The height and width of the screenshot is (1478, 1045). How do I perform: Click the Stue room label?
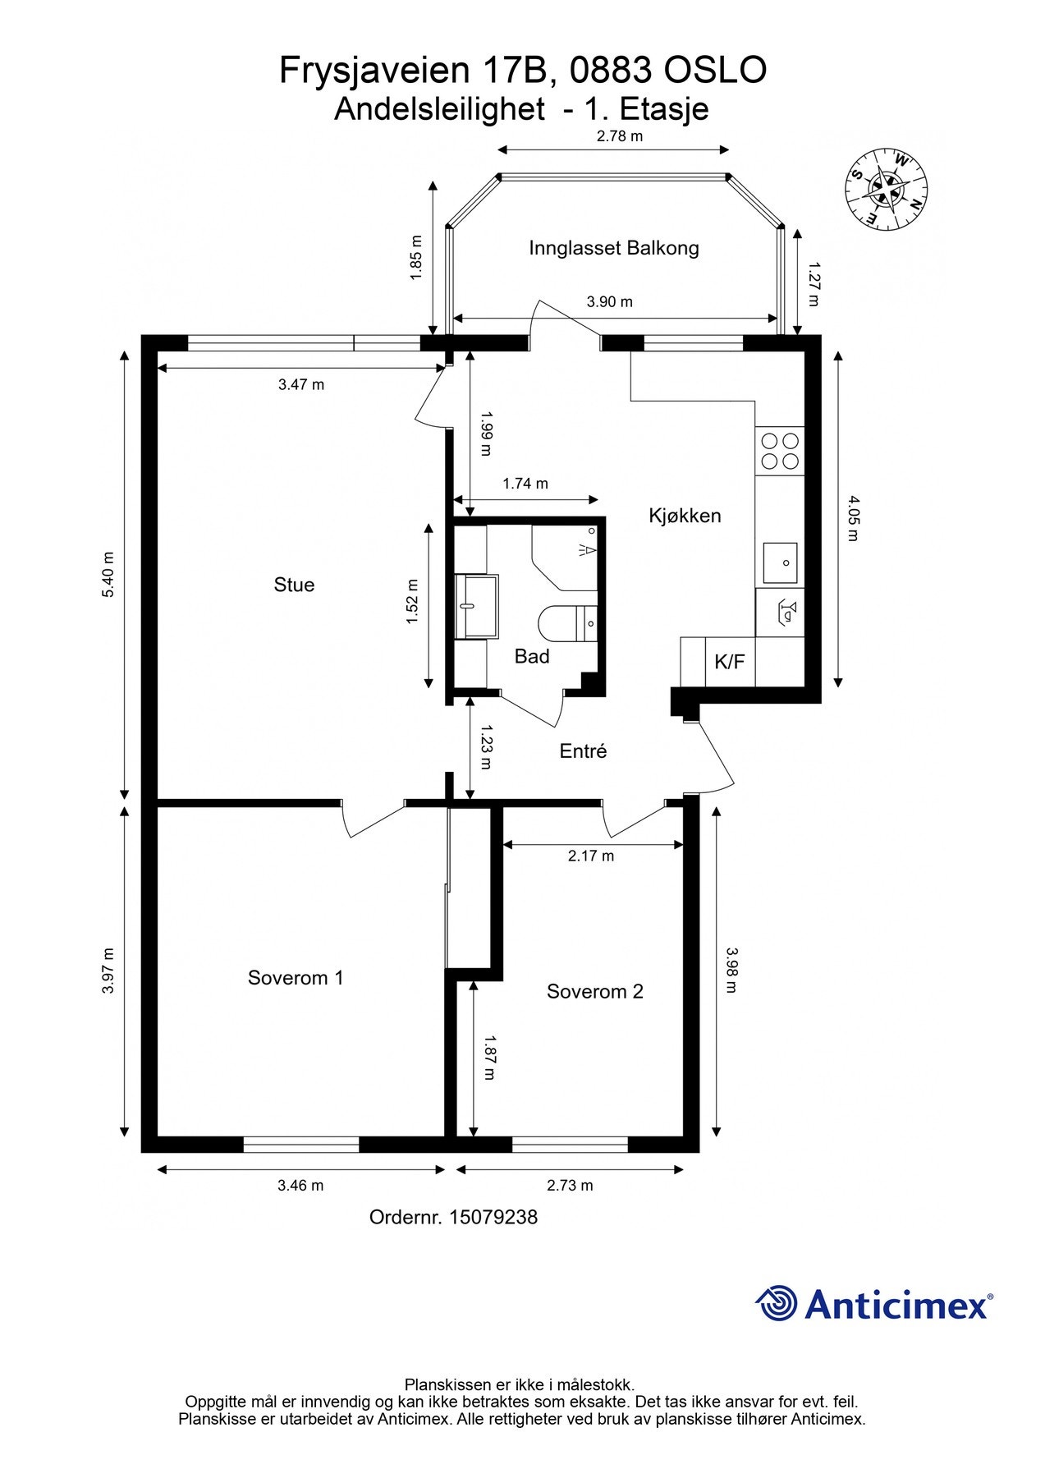[294, 585]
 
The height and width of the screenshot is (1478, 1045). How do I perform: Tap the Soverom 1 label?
[296, 977]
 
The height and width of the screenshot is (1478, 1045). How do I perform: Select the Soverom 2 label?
[595, 991]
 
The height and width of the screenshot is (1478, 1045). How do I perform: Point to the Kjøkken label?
[685, 516]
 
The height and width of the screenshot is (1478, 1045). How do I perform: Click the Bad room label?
[532, 656]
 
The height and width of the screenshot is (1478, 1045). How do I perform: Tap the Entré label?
[583, 750]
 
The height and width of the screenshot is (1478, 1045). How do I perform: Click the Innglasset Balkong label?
[614, 248]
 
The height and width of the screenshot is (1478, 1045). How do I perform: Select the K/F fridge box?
[731, 661]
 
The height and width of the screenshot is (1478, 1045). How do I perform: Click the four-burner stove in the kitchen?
[780, 450]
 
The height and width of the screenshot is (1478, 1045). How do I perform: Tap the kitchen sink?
[781, 562]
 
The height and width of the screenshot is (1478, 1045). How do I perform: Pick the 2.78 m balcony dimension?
[620, 136]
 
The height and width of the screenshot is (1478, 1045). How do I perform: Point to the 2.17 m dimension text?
[591, 856]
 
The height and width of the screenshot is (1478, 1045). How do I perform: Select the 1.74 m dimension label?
[525, 484]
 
